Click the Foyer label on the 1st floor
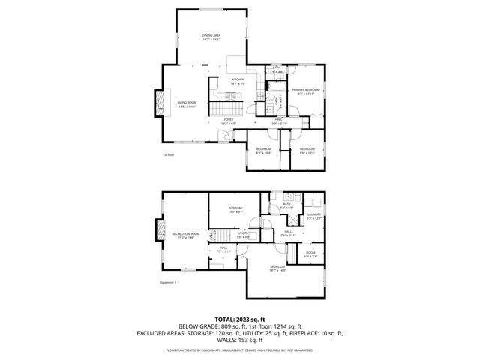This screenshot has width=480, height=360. point(228,120)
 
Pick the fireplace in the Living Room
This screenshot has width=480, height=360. point(159,103)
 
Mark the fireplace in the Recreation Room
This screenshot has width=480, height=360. point(159,232)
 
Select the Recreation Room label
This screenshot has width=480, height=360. point(186,235)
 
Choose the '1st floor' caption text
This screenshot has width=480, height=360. point(168,155)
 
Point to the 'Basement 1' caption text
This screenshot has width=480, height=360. point(168,282)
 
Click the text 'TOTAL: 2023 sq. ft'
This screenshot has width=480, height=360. point(239,319)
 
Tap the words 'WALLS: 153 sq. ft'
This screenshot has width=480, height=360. point(240,340)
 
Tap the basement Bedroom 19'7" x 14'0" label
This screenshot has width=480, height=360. point(277,268)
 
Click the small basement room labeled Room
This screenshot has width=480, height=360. point(310,255)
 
